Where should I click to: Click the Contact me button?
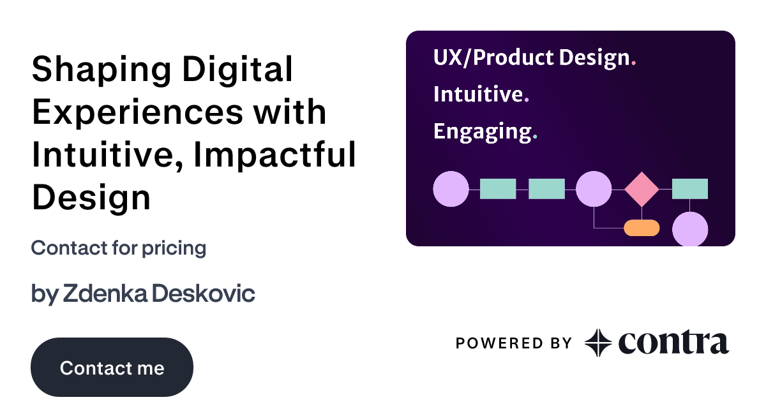click(112, 368)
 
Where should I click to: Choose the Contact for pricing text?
click(118, 248)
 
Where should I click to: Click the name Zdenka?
click(105, 294)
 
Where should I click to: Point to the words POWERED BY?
click(513, 343)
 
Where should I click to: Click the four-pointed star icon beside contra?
click(598, 343)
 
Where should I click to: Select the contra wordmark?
click(673, 343)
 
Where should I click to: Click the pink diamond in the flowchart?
click(642, 190)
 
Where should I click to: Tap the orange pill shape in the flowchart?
click(642, 227)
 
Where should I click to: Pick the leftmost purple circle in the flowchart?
click(451, 190)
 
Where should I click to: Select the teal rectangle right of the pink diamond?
click(690, 189)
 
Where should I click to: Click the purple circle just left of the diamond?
click(594, 190)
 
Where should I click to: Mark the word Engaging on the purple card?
click(482, 132)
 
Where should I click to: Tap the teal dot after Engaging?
click(535, 137)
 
